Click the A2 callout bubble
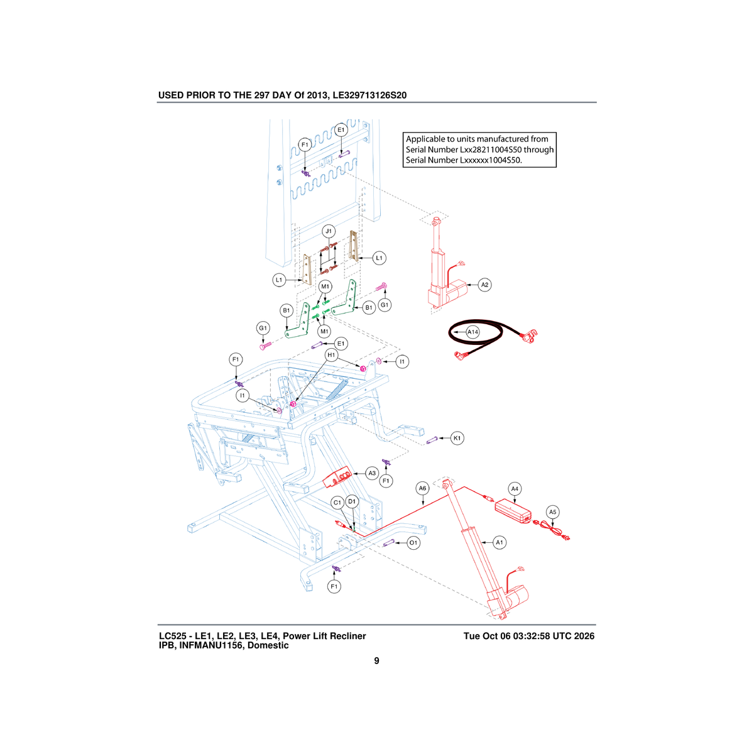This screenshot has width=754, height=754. [484, 285]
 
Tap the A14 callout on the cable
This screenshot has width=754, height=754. [473, 332]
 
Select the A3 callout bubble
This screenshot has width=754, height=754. [372, 473]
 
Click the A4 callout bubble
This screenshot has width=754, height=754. [515, 489]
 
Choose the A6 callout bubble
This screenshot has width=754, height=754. [422, 488]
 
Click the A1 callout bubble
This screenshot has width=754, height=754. [500, 542]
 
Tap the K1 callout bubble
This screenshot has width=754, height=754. [457, 438]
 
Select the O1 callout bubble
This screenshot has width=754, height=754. [413, 543]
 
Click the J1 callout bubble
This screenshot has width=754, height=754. [329, 231]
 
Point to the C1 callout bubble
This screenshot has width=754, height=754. [337, 503]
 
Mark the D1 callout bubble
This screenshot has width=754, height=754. [352, 501]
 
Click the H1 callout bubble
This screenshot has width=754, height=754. [331, 355]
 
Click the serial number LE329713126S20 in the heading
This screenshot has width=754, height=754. [369, 95]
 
